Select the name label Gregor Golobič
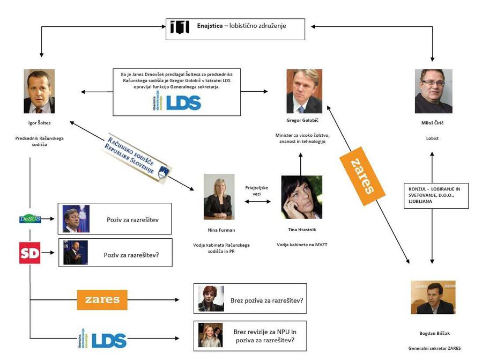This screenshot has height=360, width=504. click(x=304, y=120)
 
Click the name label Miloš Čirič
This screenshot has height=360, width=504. click(x=433, y=123)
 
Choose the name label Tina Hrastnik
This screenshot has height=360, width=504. click(x=301, y=230)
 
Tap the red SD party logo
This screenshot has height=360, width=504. click(x=29, y=253)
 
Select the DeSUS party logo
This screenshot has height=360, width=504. click(x=30, y=219)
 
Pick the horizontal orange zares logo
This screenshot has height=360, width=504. click(x=102, y=299)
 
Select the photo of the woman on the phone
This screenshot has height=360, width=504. click(x=301, y=197)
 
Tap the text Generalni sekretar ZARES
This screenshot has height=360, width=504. click(x=434, y=348)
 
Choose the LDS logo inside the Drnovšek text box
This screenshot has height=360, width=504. click(x=176, y=102)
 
